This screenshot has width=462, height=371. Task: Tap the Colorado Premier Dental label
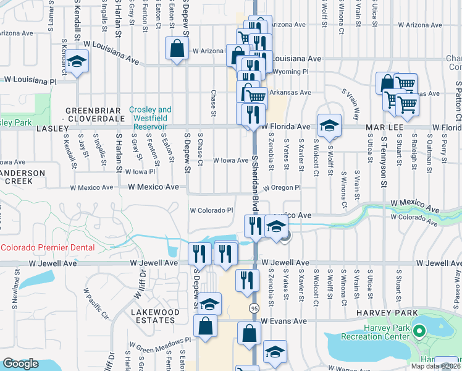point(48,247)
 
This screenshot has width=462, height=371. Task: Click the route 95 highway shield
point(254,307)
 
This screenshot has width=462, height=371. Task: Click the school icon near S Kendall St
point(77,62)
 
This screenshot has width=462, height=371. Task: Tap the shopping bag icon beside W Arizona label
point(177,48)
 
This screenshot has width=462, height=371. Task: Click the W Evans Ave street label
point(283,322)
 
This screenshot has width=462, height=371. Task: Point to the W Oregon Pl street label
point(280,187)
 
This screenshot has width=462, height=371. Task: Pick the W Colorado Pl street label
point(211,210)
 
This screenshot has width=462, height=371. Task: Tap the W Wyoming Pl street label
point(290,72)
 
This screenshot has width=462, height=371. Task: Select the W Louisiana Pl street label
point(30,80)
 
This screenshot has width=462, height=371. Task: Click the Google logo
point(20,364)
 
